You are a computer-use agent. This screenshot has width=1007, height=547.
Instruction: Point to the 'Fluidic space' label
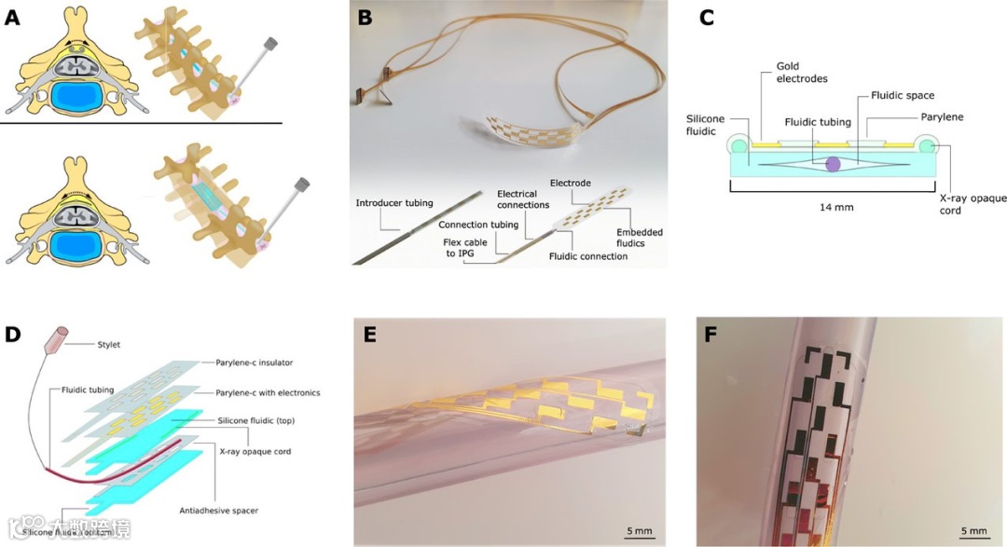coord(902,96)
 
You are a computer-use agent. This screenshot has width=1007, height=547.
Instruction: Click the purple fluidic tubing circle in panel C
coord(832,163)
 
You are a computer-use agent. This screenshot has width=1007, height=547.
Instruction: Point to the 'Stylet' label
coord(109,345)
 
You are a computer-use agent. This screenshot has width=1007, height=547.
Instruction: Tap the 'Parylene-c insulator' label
coord(261,362)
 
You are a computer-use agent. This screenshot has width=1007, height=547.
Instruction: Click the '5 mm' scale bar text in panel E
coord(640,531)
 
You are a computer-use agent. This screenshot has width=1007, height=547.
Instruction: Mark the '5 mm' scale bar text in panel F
coord(972,531)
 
